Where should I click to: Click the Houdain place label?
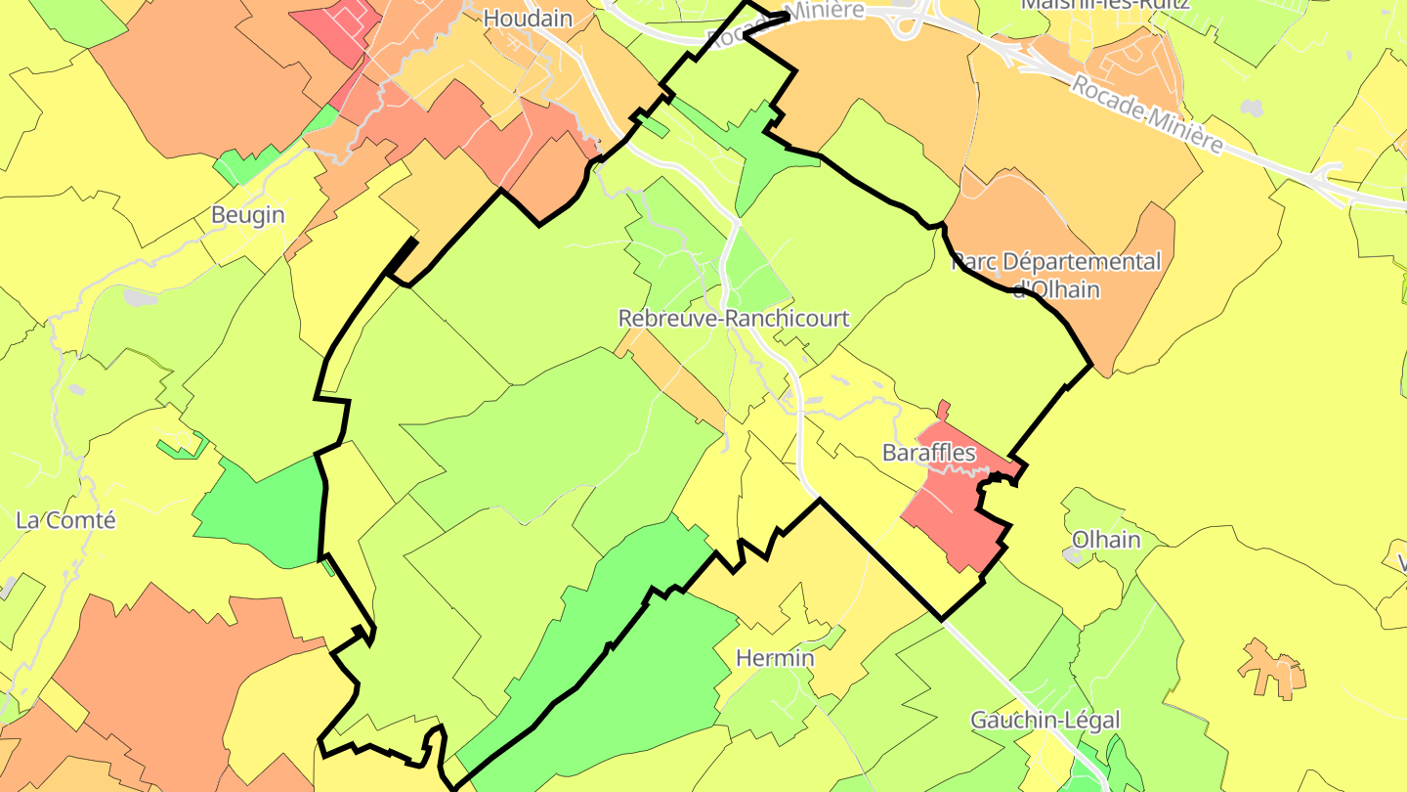point(528,18)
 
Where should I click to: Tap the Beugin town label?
point(248,215)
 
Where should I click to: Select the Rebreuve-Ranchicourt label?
point(734,319)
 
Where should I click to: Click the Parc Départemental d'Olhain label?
point(1056,275)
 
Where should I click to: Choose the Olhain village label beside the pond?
point(1106,540)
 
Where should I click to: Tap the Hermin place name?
point(775,658)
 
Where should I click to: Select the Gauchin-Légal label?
point(1045,721)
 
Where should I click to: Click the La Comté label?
point(65,520)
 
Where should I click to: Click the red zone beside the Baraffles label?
point(953,508)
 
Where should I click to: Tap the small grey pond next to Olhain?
point(1072,555)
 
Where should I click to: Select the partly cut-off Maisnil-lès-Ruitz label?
point(1104,5)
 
